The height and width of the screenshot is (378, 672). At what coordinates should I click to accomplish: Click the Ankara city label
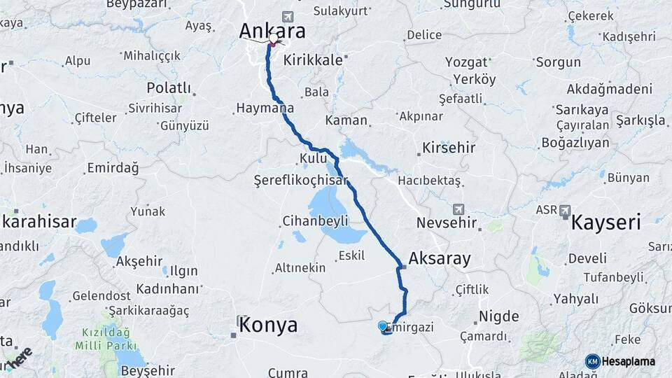point(272,31)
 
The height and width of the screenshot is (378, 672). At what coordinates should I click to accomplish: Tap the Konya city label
point(268,325)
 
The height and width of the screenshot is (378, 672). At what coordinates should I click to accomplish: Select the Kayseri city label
point(606,223)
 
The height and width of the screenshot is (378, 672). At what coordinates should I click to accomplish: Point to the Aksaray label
point(440,258)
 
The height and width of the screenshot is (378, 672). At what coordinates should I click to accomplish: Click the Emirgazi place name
point(413,326)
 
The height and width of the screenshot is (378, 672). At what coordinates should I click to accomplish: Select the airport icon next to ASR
point(565,210)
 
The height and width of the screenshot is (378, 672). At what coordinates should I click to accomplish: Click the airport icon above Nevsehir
point(458,209)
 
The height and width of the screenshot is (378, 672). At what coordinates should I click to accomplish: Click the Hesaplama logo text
point(628,361)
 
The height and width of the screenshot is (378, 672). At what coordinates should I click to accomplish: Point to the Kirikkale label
point(313,60)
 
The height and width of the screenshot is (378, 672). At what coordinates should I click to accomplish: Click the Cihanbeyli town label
point(314,221)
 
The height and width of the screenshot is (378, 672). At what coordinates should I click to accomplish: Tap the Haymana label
point(264,108)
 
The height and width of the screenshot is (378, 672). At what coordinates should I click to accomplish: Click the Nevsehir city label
point(447,224)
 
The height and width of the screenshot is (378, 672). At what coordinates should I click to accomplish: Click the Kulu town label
point(312,158)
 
